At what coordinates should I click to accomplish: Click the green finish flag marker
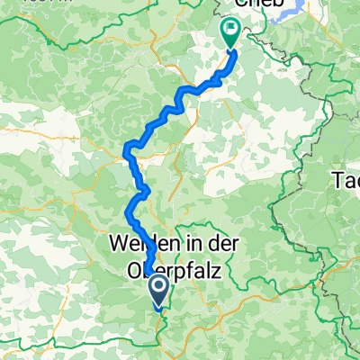[230, 34]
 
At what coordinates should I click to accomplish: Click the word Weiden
[139, 243]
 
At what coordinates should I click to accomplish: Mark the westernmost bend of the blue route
[125, 158]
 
